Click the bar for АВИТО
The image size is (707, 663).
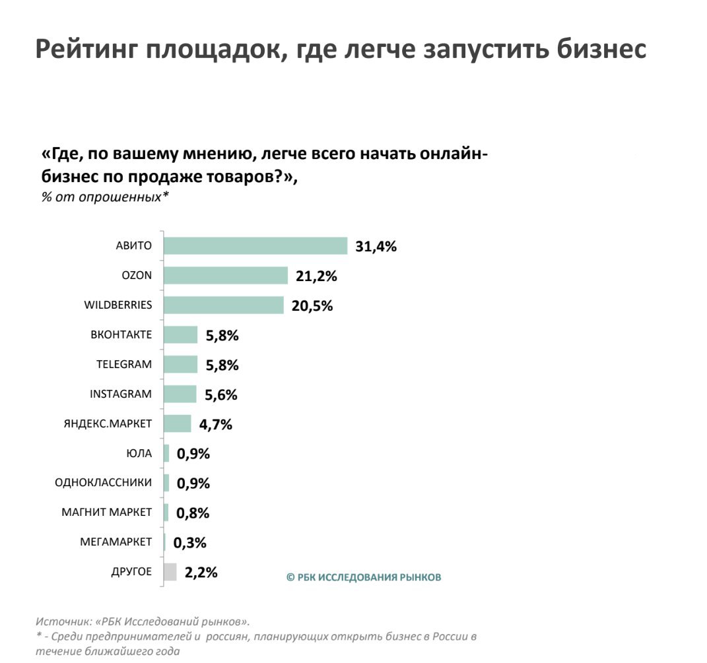255,246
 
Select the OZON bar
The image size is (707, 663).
225,276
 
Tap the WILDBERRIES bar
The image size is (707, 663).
223,305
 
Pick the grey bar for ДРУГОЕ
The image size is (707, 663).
170,572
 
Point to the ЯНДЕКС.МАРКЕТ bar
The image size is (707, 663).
177,424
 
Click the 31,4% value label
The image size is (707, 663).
376,247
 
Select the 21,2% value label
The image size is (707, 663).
316,276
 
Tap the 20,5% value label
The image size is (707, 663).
312,306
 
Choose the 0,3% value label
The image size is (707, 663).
190,543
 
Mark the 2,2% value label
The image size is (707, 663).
201,573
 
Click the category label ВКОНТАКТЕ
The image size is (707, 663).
121,335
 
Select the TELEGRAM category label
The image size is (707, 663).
124,364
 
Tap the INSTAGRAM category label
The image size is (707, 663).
121,394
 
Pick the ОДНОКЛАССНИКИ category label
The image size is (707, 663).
103,483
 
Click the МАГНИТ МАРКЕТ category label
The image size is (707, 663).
106,513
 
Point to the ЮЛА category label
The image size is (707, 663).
139,453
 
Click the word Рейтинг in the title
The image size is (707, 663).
84,50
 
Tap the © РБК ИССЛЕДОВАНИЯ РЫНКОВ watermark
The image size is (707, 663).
364,577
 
